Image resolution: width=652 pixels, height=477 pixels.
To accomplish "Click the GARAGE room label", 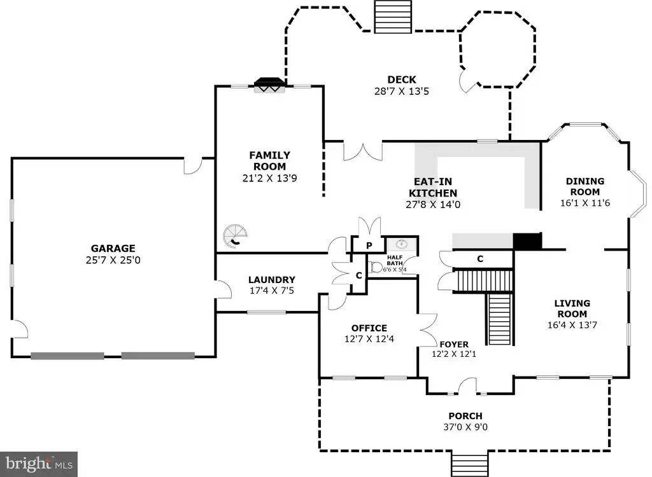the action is coord(113,249).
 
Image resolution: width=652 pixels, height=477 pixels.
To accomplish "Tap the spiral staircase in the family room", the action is coord(235,236).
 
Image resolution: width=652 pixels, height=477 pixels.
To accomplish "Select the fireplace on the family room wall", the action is coord(270,86).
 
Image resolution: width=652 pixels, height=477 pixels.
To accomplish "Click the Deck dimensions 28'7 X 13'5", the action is coord(401,92).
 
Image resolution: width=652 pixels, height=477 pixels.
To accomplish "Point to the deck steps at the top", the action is coord(392,17).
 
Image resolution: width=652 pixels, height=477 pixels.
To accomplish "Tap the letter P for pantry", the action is coord(369,245).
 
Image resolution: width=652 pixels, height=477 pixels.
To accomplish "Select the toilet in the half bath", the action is coord(376,266).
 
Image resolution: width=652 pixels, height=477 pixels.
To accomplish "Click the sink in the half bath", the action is coord(401,244).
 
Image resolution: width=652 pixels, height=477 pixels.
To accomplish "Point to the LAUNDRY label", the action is coord(272,280).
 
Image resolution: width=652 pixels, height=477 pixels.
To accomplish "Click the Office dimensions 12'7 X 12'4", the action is coord(369,339).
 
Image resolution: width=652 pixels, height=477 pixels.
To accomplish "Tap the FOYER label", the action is coord(454,345).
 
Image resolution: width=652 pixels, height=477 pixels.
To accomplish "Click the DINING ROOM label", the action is coord(585,186).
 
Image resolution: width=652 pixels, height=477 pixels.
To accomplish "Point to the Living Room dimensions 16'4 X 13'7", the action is coord(572,325).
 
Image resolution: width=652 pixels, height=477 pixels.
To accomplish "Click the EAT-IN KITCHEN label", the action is coord(433,188).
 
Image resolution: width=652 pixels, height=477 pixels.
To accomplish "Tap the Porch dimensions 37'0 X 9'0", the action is coord(465,427).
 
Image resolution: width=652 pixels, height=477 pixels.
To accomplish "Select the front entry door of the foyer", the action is coord(467,385).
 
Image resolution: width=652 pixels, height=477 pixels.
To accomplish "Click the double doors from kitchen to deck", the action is coord(363,151).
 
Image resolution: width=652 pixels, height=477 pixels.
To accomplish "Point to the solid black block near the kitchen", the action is coord(527,241).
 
